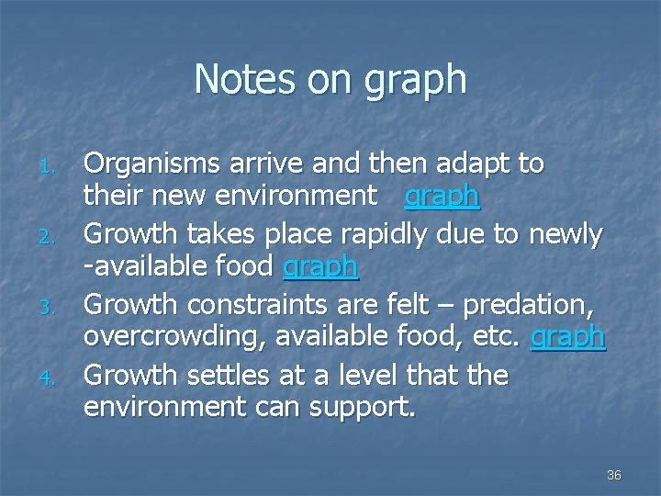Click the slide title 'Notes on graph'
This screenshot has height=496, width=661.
pyautogui.click(x=330, y=80)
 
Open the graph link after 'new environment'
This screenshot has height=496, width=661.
pyautogui.click(x=442, y=197)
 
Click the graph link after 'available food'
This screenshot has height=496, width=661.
pyautogui.click(x=320, y=267)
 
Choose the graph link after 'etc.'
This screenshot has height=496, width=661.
pyautogui.click(x=568, y=337)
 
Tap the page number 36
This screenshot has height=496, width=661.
pyautogui.click(x=614, y=475)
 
